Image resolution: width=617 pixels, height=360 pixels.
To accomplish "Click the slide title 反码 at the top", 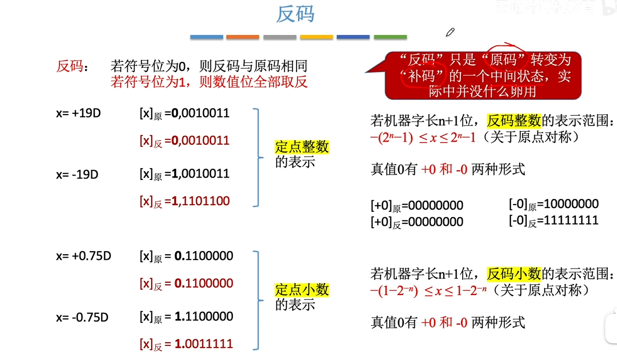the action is [x=295, y=15].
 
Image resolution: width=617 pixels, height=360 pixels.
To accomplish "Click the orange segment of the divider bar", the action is [x=242, y=37].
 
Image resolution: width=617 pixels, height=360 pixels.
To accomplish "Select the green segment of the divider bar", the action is [x=390, y=37].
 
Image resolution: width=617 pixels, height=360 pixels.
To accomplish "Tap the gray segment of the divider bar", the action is [x=280, y=37].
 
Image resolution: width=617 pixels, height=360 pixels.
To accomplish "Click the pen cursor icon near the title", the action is [x=450, y=32].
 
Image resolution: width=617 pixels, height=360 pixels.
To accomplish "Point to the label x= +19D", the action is [x=78, y=114].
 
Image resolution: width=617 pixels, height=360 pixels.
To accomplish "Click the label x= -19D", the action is [x=77, y=175].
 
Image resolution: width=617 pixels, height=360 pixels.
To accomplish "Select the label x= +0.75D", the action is [x=84, y=256].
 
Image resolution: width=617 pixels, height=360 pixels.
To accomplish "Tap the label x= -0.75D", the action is [x=82, y=317].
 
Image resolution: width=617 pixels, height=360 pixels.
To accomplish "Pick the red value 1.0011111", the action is [x=204, y=344].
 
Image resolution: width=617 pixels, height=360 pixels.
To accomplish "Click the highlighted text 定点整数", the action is [x=302, y=147].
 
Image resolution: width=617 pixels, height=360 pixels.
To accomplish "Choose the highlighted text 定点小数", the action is [x=302, y=289].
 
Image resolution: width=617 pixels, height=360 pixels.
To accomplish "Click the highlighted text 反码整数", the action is [x=514, y=120].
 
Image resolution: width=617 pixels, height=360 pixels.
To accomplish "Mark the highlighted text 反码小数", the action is [x=514, y=273].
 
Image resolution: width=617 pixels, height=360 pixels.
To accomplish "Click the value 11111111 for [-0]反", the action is [x=568, y=221].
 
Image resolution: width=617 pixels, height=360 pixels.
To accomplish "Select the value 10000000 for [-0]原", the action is [x=568, y=204].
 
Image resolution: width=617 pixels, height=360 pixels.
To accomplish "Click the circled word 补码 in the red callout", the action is [x=421, y=76].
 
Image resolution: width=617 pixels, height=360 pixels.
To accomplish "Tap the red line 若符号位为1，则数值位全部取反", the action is [x=209, y=82].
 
